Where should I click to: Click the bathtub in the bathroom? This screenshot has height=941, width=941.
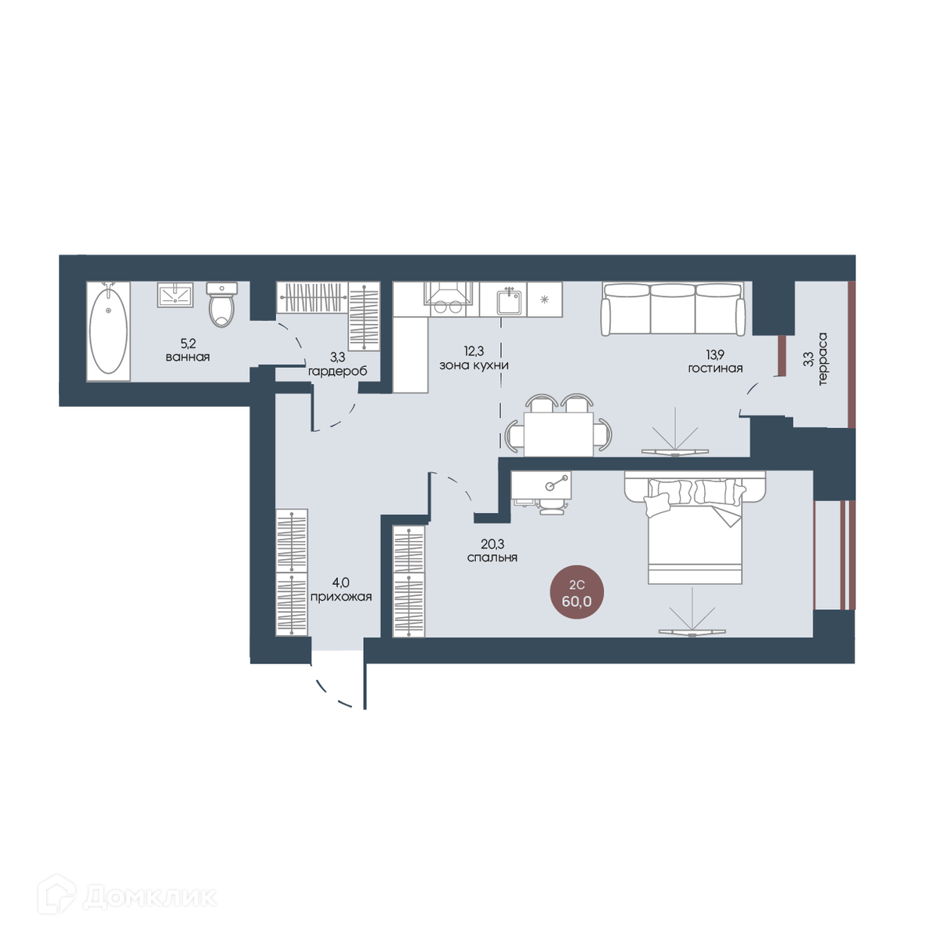[108, 331]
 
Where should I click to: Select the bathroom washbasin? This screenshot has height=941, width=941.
[176, 295]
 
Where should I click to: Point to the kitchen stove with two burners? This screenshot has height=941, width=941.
[449, 300]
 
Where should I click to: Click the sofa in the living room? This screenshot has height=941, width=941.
[674, 309]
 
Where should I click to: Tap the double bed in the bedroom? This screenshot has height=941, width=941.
[695, 528]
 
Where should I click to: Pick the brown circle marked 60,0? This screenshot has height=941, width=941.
[576, 592]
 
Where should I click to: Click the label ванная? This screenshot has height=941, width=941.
[187, 357]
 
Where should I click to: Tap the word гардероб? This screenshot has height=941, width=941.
[337, 372]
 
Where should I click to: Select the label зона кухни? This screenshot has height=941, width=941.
[474, 365]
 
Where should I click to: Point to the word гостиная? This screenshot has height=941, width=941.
[715, 369]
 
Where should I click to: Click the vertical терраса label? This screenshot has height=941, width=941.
[823, 359]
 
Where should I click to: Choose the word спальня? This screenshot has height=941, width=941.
[492, 558]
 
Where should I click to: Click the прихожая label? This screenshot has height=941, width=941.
[341, 597]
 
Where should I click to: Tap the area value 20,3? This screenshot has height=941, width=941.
[492, 543]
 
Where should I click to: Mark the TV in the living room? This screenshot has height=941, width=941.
[674, 452]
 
